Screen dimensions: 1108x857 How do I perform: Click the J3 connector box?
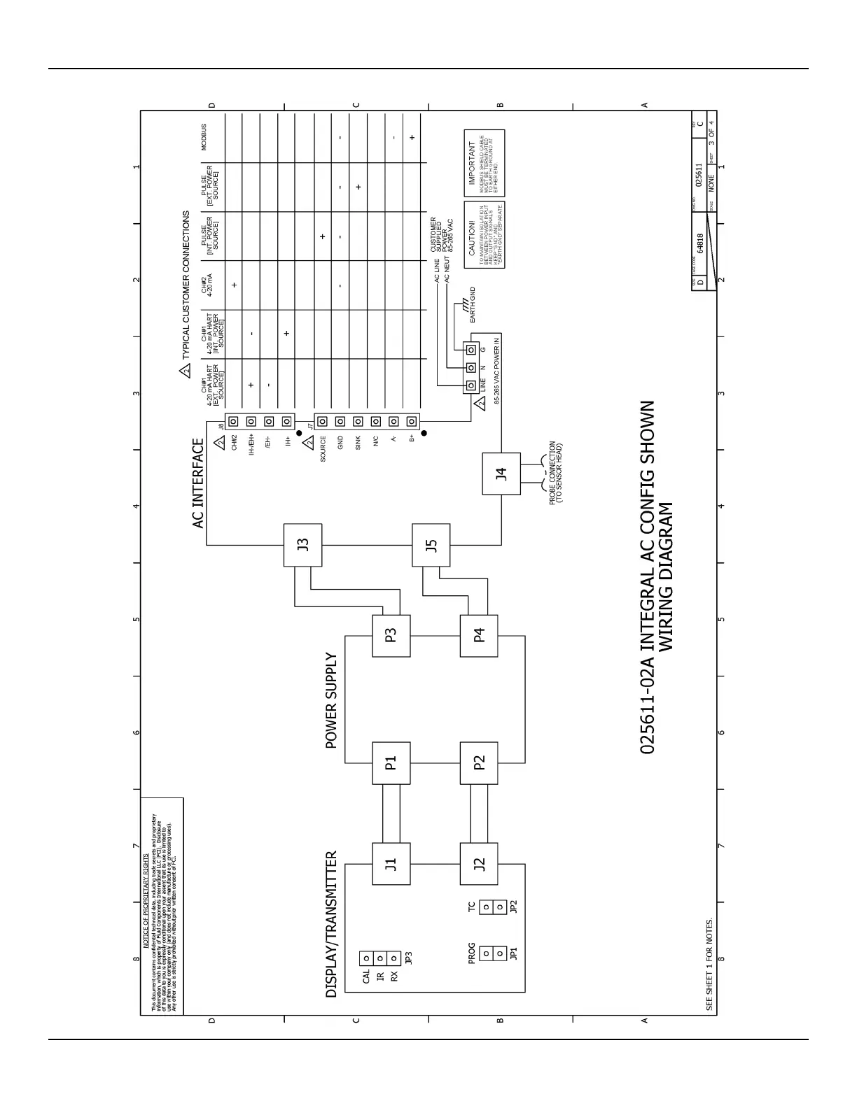click(x=302, y=545)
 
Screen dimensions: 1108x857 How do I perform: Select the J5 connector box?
click(x=431, y=545)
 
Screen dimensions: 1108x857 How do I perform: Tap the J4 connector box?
click(x=501, y=474)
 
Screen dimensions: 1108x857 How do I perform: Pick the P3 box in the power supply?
click(x=391, y=635)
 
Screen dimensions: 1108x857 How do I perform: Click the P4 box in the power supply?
click(x=479, y=635)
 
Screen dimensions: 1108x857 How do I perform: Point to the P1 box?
click(x=391, y=762)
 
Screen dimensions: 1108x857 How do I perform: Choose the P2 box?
click(x=479, y=762)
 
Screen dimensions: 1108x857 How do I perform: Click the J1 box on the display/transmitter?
click(x=391, y=863)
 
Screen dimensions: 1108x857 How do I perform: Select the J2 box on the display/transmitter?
click(x=479, y=863)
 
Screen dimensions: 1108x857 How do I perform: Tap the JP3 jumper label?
click(x=408, y=958)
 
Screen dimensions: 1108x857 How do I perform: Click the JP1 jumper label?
click(x=514, y=953)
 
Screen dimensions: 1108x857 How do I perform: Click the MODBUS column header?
click(x=204, y=137)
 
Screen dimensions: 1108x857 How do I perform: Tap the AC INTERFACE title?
click(x=198, y=483)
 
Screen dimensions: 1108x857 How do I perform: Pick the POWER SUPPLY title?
click(x=332, y=702)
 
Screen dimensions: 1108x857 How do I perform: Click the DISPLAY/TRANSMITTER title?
click(x=332, y=923)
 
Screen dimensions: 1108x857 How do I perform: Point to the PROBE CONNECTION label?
click(x=555, y=473)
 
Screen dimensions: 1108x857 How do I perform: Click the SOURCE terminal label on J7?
click(x=323, y=449)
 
